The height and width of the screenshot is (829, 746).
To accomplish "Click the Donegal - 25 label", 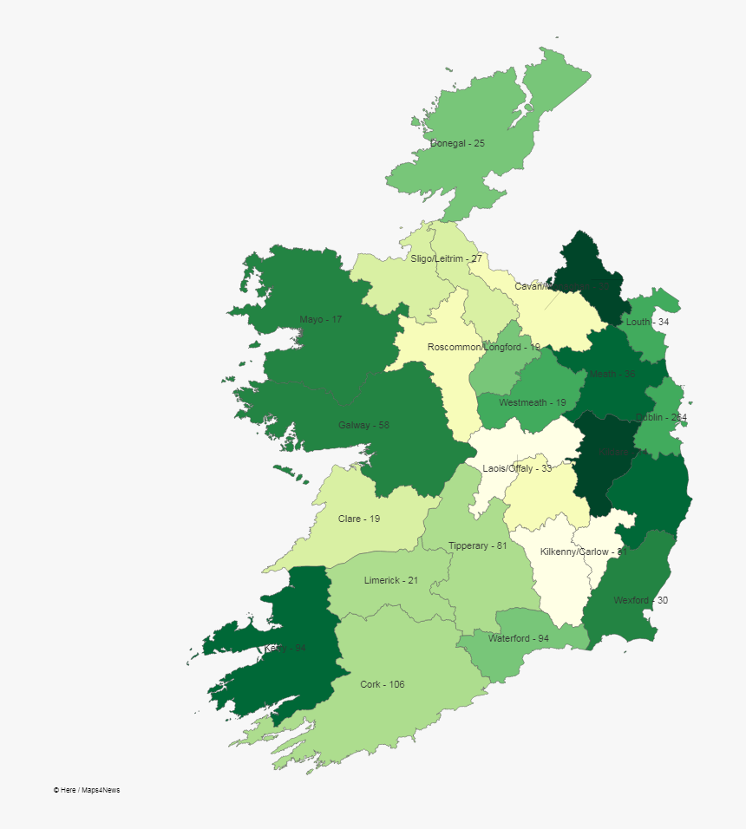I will (457, 143).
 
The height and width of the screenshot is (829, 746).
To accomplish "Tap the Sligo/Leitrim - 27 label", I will (446, 258).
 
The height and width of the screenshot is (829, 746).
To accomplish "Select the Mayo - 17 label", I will (321, 319).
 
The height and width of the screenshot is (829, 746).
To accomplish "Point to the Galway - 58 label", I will (363, 425).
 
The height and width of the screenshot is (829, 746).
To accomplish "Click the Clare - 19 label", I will (359, 519).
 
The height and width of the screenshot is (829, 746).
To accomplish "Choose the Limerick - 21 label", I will (391, 580).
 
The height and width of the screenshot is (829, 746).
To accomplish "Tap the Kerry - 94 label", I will (285, 648).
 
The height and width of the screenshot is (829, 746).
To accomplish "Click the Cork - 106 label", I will (383, 684).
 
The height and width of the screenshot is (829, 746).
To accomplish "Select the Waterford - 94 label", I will (519, 638).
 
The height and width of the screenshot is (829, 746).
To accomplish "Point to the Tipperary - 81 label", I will (477, 545).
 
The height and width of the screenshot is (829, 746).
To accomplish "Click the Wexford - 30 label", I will (640, 600).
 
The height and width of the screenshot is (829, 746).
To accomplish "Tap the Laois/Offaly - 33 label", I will (517, 468).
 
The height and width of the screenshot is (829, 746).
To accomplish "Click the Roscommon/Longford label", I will (483, 347).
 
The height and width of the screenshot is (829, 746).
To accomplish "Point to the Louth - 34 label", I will (647, 322).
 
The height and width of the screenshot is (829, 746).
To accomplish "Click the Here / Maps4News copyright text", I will (86, 790).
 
